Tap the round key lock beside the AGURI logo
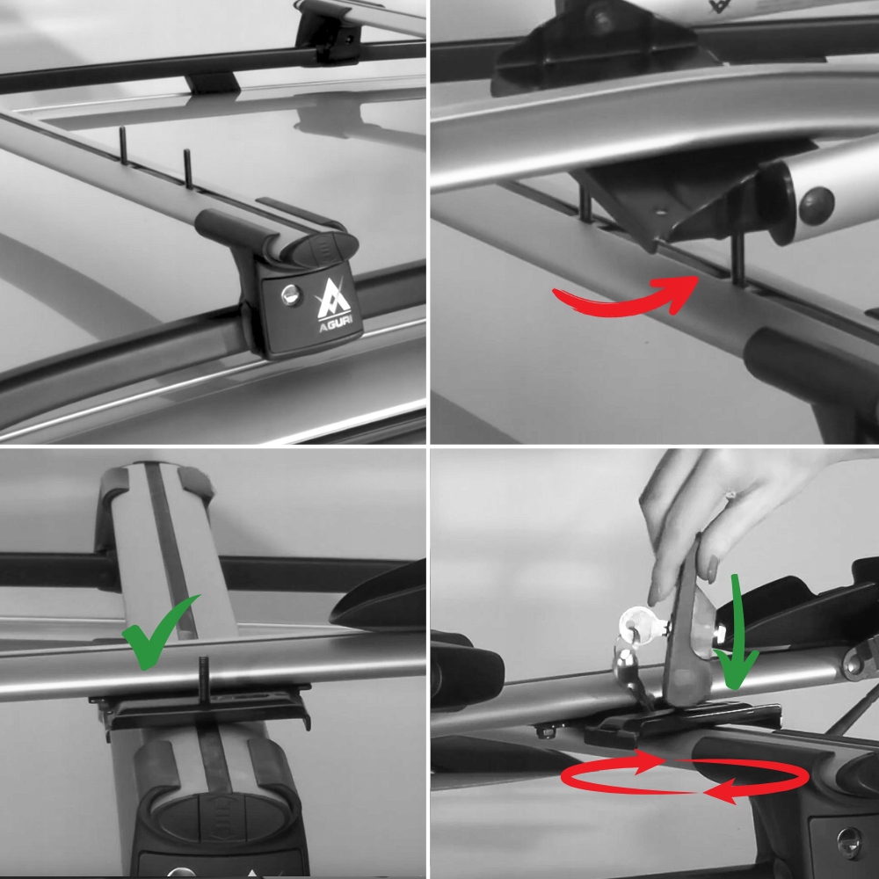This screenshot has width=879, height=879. point(291,294)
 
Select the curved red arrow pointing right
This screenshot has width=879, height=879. point(626,296)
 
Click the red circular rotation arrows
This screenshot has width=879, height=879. point(685,776)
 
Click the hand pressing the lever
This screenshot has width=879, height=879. point(723,516)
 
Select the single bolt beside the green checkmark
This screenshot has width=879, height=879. point(204,679)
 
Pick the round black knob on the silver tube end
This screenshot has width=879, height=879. point(817,206)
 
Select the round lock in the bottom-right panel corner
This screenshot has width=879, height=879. point(849,843)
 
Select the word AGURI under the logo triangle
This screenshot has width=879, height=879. point(336,325)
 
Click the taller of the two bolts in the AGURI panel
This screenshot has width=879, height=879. point(188,168)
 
